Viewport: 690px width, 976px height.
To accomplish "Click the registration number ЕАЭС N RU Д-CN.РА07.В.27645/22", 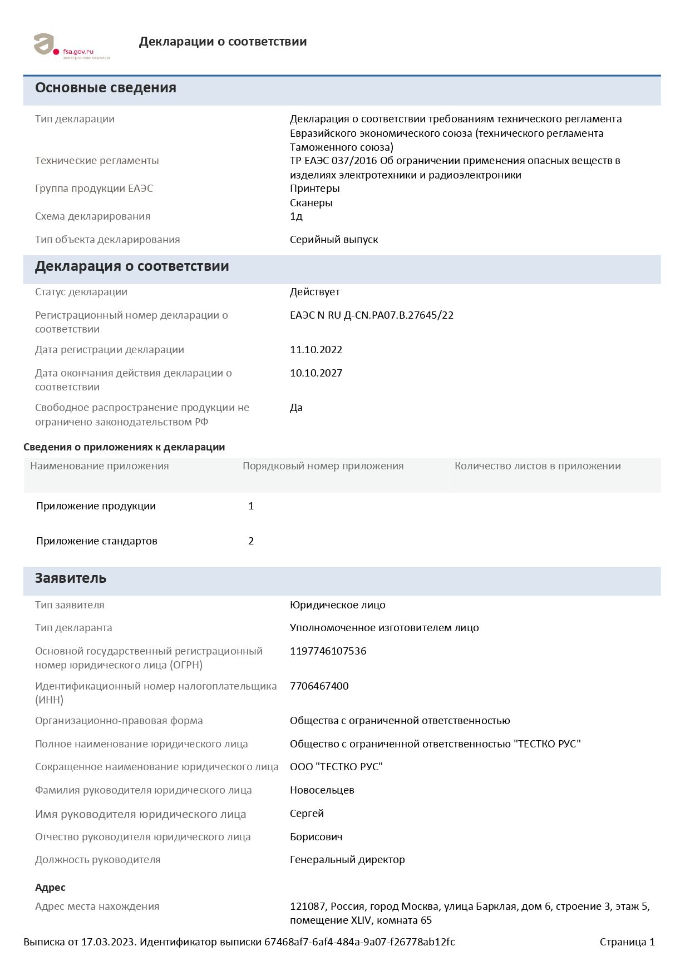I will click(x=371, y=315).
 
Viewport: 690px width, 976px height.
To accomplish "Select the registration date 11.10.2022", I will click(x=316, y=350).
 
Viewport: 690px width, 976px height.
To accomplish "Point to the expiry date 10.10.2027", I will click(x=316, y=373).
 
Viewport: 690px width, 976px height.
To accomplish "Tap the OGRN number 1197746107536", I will click(x=328, y=651).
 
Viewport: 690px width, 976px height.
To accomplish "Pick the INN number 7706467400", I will click(x=319, y=686).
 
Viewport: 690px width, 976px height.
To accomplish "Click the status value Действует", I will click(x=314, y=292).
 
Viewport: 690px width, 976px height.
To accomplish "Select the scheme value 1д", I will click(x=296, y=216).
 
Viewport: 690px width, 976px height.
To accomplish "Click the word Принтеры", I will click(x=314, y=189).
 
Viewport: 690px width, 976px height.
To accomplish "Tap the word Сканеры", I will click(x=311, y=203).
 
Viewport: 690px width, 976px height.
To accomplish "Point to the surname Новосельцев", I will click(x=322, y=790).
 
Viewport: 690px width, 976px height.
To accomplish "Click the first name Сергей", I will click(x=307, y=814).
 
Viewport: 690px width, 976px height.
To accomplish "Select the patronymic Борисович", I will click(x=316, y=837).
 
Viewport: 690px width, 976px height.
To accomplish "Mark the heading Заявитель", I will click(x=71, y=578).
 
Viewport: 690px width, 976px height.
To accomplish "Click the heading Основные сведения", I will click(x=106, y=88).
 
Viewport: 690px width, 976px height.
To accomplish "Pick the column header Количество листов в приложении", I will click(x=537, y=466).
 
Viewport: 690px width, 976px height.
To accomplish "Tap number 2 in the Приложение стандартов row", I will click(x=251, y=541).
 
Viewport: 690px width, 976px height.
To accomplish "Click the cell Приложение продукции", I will click(x=96, y=506).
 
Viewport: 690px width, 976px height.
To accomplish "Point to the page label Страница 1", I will click(x=627, y=942).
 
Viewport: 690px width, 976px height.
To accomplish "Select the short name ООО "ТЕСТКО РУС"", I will click(x=336, y=767).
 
